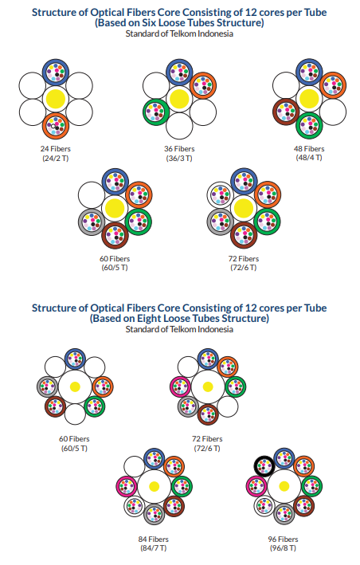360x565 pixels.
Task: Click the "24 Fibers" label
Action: (x=56, y=148)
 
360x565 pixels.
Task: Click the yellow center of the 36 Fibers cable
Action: (x=179, y=99)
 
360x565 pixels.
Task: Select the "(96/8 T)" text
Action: (x=283, y=548)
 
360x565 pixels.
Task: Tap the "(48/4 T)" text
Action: (x=309, y=158)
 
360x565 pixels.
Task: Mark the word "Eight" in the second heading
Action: (x=149, y=319)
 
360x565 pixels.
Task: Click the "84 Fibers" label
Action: (x=154, y=539)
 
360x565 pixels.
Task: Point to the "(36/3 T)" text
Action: (x=179, y=159)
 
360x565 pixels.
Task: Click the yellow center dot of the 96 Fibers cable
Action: (x=284, y=486)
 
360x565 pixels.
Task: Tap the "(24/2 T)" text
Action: (x=56, y=159)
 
